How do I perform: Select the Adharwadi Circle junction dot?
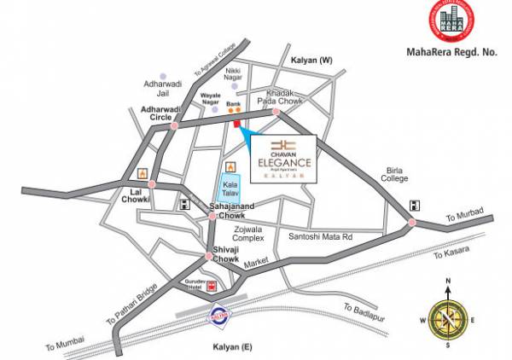174,126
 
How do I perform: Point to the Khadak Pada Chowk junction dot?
276,112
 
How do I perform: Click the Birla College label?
394,174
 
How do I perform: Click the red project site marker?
236,126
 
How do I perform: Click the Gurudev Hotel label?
191,285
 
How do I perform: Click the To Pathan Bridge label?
131,304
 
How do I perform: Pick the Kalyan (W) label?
311,61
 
